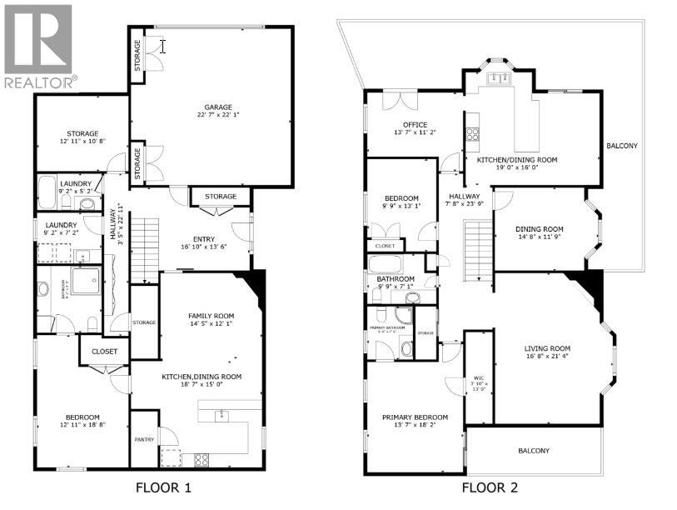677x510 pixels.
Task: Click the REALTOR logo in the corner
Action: [x=38, y=46]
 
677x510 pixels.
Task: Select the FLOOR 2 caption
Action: [x=490, y=487]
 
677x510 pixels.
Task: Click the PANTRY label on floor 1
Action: [x=144, y=438]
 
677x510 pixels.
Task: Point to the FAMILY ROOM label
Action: [x=211, y=316]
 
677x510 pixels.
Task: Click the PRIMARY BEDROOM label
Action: [x=415, y=417]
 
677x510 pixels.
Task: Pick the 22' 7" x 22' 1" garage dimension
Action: [x=219, y=116]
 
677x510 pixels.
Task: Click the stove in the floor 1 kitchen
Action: [x=201, y=458]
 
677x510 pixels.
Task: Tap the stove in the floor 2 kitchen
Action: [x=472, y=133]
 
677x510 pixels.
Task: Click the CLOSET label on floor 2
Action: [x=386, y=246]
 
